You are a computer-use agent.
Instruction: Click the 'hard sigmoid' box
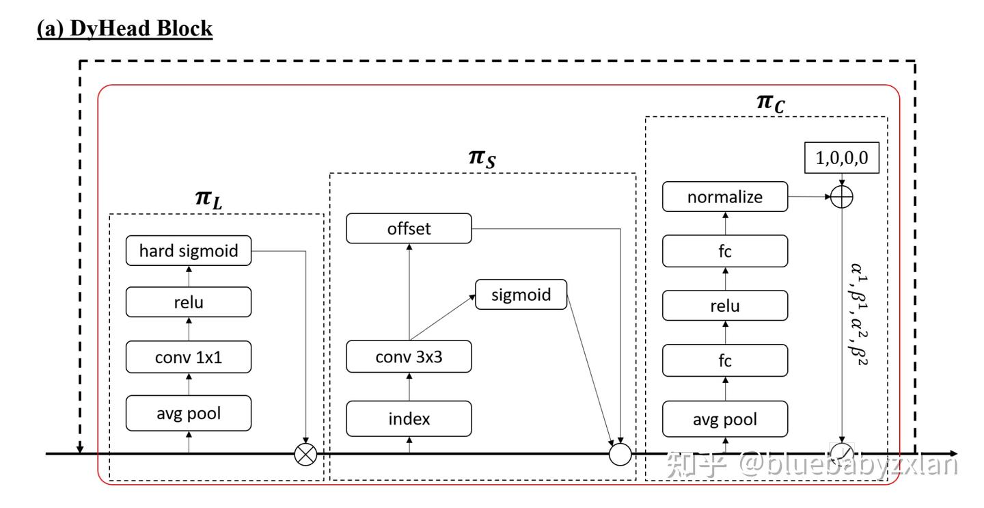pyautogui.click(x=189, y=250)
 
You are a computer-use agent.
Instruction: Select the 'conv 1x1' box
pyautogui.click(x=189, y=357)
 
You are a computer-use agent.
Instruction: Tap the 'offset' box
pyautogui.click(x=409, y=228)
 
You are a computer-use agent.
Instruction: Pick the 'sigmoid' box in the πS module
pyautogui.click(x=521, y=295)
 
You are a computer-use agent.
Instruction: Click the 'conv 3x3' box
pyautogui.click(x=409, y=356)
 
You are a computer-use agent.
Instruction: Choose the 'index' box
pyautogui.click(x=409, y=418)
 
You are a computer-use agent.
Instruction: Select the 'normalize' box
pyautogui.click(x=725, y=196)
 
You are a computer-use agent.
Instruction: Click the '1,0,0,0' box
pyautogui.click(x=842, y=158)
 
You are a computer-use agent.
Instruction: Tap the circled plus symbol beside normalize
pyautogui.click(x=842, y=197)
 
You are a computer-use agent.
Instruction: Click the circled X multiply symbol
pyautogui.click(x=305, y=454)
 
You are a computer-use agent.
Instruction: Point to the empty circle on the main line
pyautogui.click(x=620, y=454)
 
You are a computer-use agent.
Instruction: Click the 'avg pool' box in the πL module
pyautogui.click(x=189, y=413)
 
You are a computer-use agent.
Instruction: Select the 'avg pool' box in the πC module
pyautogui.click(x=725, y=419)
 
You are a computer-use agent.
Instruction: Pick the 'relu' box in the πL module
pyautogui.click(x=189, y=302)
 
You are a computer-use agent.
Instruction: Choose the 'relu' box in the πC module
pyautogui.click(x=725, y=306)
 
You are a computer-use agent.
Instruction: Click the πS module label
pyautogui.click(x=482, y=158)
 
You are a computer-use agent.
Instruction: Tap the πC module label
pyautogui.click(x=771, y=103)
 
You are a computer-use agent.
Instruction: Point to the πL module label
pyautogui.click(x=208, y=199)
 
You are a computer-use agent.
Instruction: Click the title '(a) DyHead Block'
pyautogui.click(x=125, y=29)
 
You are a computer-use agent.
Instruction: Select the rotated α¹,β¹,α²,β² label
pyautogui.click(x=858, y=315)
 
